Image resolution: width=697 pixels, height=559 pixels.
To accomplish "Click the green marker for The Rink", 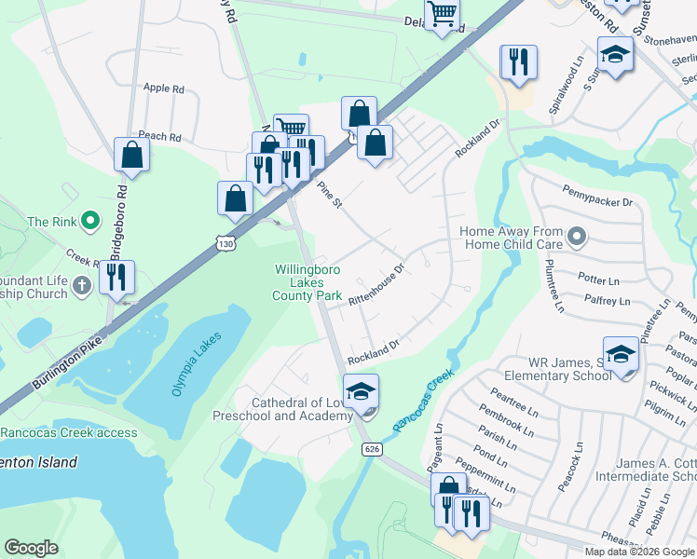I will [90, 221].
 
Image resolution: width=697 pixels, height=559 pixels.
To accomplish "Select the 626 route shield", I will [373, 449].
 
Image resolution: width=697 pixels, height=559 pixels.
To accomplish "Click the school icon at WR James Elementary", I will [621, 355].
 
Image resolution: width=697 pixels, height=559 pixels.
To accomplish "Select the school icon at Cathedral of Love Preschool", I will [361, 392].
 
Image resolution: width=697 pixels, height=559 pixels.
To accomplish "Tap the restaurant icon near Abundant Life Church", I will [116, 278].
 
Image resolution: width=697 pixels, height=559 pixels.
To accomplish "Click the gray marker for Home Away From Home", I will [577, 238].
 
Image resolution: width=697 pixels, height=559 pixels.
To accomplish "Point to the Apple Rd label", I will [164, 89].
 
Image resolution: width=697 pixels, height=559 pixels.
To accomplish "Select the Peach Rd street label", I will [159, 136].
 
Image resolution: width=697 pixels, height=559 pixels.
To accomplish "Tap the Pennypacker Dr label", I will [597, 201].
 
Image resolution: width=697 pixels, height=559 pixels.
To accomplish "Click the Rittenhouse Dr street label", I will [376, 284].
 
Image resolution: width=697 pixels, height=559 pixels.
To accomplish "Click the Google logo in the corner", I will [31, 547].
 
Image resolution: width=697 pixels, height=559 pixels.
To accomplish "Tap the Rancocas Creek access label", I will [69, 432].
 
